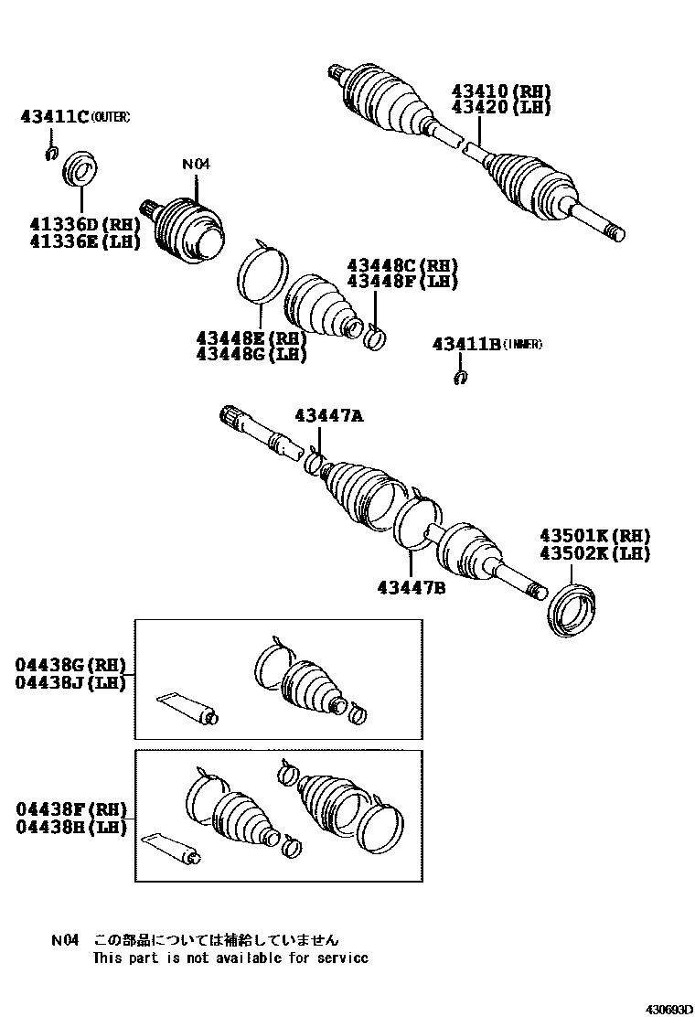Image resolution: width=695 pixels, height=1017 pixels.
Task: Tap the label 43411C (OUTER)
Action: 75,116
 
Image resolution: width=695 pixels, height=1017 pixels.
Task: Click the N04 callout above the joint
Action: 196,165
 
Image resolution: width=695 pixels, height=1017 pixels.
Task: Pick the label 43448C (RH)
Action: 401,265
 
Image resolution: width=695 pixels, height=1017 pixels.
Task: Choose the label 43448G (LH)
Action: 251,354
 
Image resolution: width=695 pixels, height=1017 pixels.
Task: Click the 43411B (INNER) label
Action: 487,344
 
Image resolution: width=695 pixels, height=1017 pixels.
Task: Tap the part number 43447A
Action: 328,416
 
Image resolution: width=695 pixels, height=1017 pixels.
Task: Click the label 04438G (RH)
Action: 69,665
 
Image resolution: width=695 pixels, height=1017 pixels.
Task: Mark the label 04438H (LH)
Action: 69,826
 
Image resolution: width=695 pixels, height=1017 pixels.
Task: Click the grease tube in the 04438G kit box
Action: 188,709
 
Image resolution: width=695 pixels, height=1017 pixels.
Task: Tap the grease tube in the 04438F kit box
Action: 174,847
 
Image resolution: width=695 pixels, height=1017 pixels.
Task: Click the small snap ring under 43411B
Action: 461,377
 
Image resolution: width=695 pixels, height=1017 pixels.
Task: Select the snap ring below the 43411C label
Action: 53,153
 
